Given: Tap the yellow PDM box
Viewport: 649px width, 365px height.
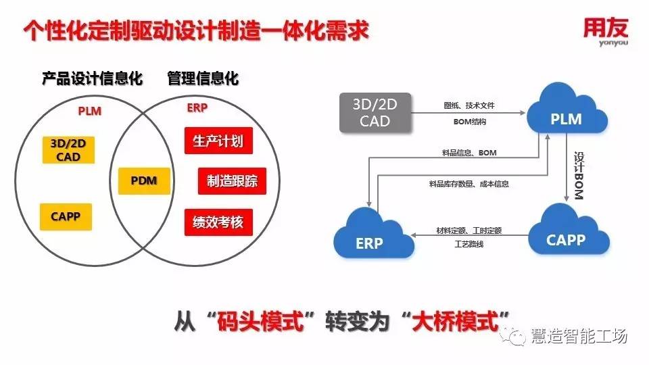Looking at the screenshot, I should pyautogui.click(x=144, y=180).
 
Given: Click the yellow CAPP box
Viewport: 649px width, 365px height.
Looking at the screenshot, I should pyautogui.click(x=66, y=217).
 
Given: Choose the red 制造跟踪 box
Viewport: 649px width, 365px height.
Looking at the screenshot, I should pyautogui.click(x=232, y=180).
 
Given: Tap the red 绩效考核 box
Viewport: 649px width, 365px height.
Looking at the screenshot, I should pyautogui.click(x=218, y=222).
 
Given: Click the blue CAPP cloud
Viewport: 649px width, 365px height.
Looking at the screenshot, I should pyautogui.click(x=566, y=237).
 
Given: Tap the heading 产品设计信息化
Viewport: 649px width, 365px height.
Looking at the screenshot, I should pyautogui.click(x=92, y=79).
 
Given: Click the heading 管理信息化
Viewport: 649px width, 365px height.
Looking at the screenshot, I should pyautogui.click(x=203, y=79).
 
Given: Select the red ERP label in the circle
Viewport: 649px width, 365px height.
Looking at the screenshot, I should pyautogui.click(x=197, y=108).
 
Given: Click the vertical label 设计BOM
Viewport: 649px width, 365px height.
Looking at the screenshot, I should pyautogui.click(x=579, y=174).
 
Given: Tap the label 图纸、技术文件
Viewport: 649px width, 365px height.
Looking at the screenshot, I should pyautogui.click(x=469, y=105).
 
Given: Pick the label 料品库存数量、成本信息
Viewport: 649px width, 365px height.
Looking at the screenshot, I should pyautogui.click(x=468, y=183).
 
